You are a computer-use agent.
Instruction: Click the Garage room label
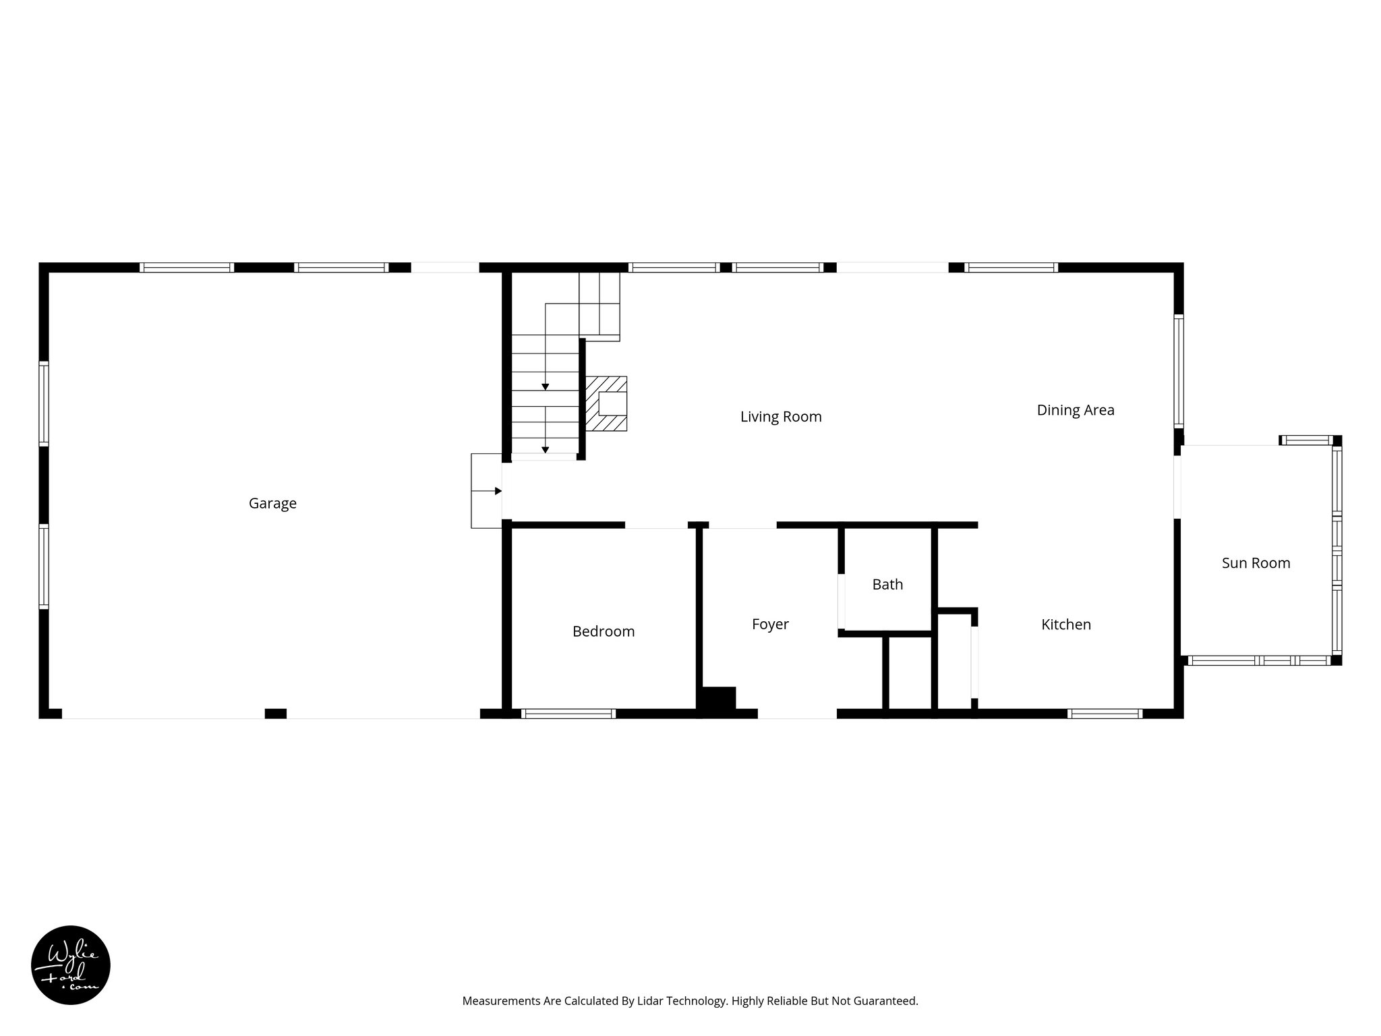pyautogui.click(x=272, y=503)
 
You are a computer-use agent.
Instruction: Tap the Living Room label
pyautogui.click(x=781, y=417)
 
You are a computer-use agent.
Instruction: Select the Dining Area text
pyautogui.click(x=1076, y=410)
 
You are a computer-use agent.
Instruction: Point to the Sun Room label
pyautogui.click(x=1256, y=563)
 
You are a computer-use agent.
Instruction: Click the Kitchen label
pyautogui.click(x=1066, y=625)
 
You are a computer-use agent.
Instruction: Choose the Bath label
pyautogui.click(x=887, y=585)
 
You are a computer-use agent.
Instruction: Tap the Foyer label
pyautogui.click(x=770, y=625)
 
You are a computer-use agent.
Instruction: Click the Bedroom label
pyautogui.click(x=604, y=632)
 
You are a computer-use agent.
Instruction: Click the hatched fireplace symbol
pyautogui.click(x=606, y=404)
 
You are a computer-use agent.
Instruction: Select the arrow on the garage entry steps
pyautogui.click(x=498, y=491)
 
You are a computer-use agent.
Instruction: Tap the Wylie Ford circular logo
pyautogui.click(x=71, y=965)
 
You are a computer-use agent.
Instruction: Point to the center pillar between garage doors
pyautogui.click(x=275, y=714)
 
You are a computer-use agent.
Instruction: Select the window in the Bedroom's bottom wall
pyautogui.click(x=568, y=714)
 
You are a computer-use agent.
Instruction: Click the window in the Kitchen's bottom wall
pyautogui.click(x=1105, y=714)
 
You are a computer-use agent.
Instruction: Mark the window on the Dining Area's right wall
pyautogui.click(x=1179, y=371)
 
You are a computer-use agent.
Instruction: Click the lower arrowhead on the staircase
pyautogui.click(x=546, y=450)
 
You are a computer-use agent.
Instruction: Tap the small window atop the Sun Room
pyautogui.click(x=1307, y=441)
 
